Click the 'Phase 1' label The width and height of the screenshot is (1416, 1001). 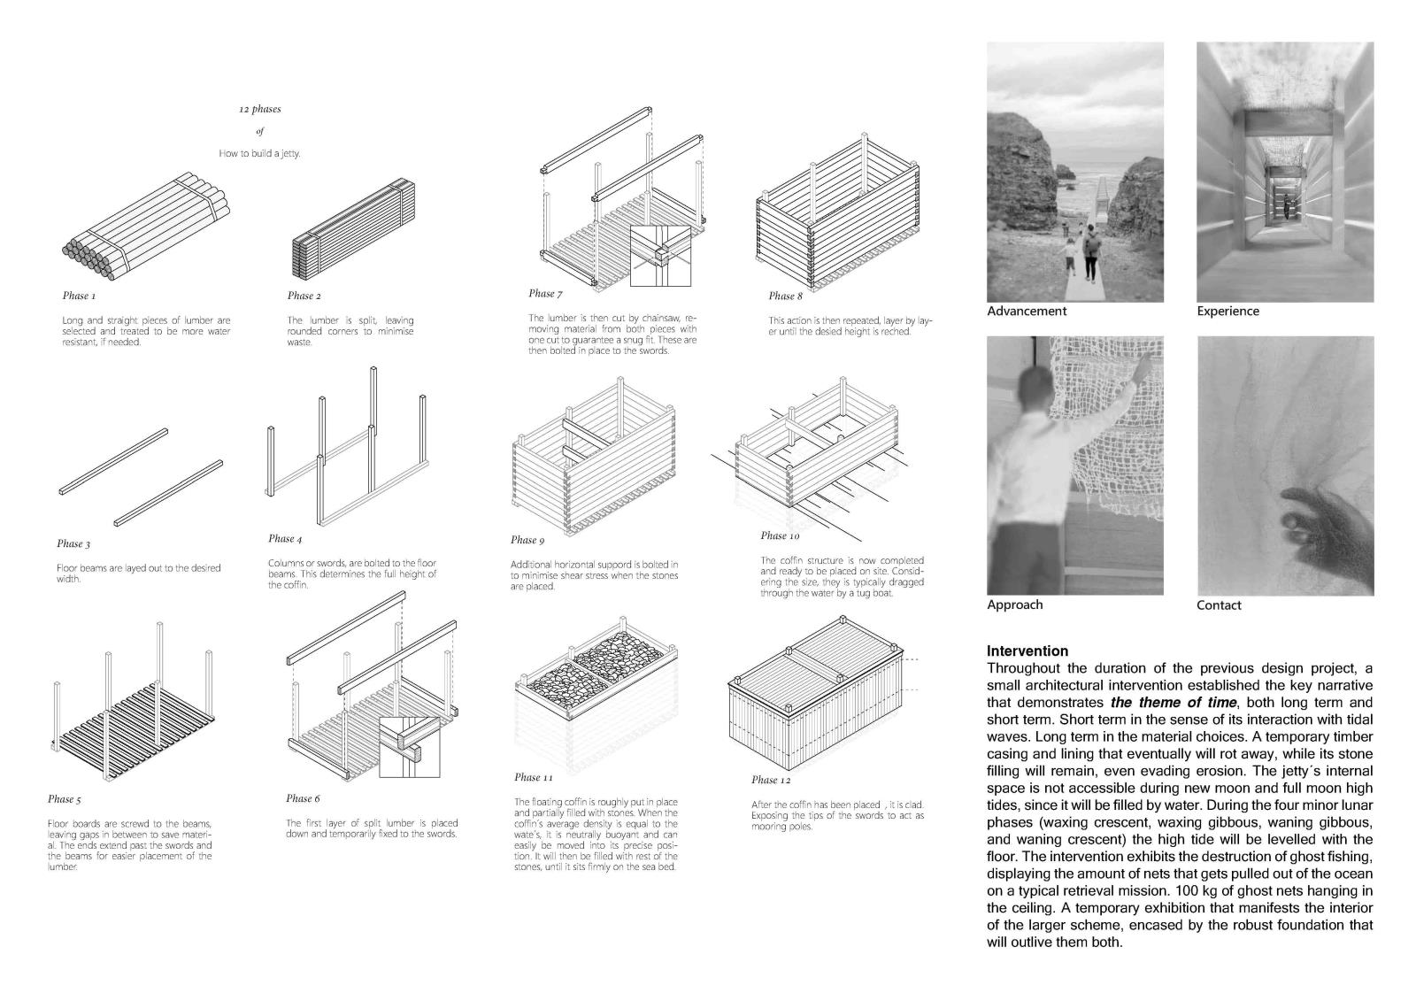(x=79, y=296)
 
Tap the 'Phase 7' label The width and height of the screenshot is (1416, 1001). (x=545, y=294)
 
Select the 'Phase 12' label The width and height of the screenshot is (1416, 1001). (x=771, y=780)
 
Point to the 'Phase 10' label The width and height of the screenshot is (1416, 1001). (x=779, y=535)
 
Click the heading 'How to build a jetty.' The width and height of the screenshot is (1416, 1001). (x=259, y=153)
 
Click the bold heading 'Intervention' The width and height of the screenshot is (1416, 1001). (x=1027, y=651)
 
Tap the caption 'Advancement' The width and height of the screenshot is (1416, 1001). (x=1027, y=312)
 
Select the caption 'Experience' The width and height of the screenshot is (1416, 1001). (x=1227, y=312)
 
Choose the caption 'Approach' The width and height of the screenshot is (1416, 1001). (x=1015, y=605)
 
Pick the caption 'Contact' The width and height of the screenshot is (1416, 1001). (x=1219, y=605)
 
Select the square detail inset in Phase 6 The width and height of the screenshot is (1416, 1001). (x=409, y=747)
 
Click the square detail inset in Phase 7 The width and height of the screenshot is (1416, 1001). (x=659, y=257)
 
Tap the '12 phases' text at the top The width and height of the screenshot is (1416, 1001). (x=259, y=110)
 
